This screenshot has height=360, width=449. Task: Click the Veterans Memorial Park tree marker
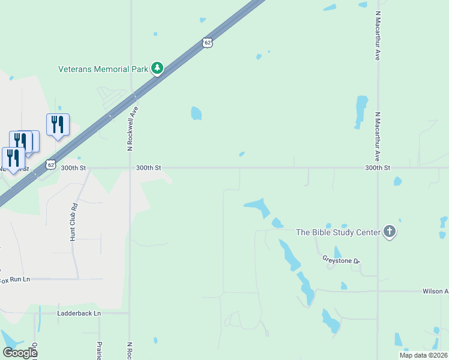click(157, 68)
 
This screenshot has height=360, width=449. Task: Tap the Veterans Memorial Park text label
click(103, 69)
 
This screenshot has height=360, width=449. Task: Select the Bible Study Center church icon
click(390, 231)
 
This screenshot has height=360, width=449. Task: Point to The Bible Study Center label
click(339, 232)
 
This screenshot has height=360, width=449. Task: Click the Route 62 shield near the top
click(207, 42)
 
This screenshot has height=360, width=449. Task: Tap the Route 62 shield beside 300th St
click(51, 164)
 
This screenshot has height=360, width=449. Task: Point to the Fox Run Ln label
click(14, 280)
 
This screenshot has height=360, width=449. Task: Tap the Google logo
click(20, 352)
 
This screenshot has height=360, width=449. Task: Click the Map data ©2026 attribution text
click(423, 355)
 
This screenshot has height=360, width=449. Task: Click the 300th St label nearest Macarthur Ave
click(378, 168)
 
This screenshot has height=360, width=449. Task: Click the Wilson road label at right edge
click(435, 291)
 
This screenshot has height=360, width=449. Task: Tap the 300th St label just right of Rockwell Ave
click(148, 168)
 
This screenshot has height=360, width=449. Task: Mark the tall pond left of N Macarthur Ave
click(361, 111)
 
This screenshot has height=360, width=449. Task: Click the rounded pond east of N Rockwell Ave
click(196, 113)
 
